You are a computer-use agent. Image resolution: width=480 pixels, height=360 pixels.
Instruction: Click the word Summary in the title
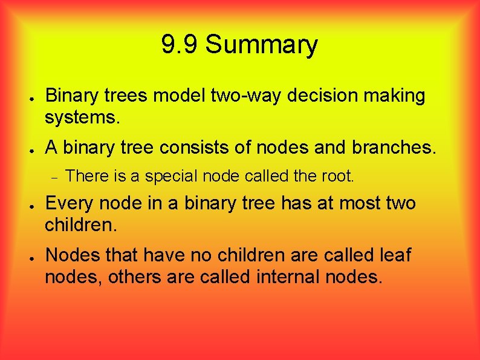[261, 45]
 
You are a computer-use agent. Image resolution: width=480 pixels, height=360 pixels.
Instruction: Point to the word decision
[325, 96]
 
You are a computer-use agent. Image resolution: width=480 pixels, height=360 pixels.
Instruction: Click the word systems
[82, 117]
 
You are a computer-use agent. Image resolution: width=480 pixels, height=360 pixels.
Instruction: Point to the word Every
[67, 203]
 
